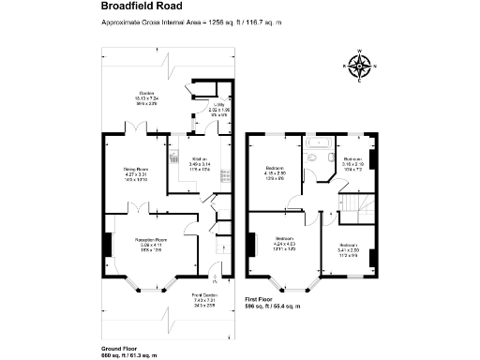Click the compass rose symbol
click(x=358, y=67)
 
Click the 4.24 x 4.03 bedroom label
click(x=284, y=240)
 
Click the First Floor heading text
click(x=259, y=299)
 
